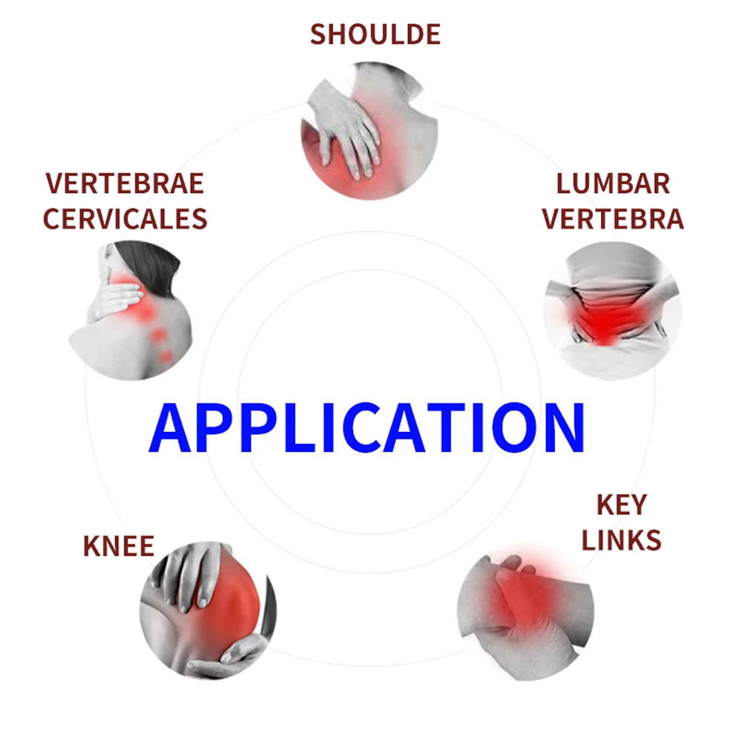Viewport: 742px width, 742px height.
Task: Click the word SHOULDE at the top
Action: [x=375, y=34]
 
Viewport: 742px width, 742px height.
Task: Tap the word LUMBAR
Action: [x=613, y=183]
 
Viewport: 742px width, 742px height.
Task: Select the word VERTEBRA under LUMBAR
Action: [x=613, y=219]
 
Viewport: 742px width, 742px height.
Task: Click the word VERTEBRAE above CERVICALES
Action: [x=124, y=183]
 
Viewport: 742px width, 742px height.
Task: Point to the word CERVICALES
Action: [x=124, y=219]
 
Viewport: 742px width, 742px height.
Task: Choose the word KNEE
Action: [x=119, y=546]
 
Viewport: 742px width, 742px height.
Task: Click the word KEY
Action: [x=621, y=505]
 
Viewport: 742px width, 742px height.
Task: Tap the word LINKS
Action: [x=621, y=540]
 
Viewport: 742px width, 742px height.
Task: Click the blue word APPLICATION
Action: [x=367, y=428]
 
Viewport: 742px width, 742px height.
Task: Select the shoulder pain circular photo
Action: [x=369, y=131]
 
